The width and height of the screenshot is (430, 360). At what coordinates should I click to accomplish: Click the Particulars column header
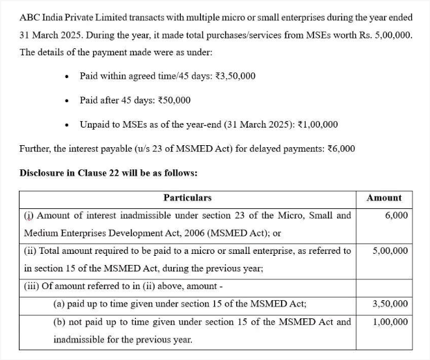tap(187, 198)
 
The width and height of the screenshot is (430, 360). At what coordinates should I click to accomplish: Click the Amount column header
tap(384, 198)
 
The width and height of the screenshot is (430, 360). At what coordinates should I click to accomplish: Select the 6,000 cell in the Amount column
tap(396, 215)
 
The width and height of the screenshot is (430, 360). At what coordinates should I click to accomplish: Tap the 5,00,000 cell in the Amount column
tap(390, 251)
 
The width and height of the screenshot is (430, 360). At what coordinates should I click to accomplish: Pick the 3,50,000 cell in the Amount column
tap(390, 304)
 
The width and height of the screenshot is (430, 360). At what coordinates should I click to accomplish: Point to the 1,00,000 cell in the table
tap(390, 322)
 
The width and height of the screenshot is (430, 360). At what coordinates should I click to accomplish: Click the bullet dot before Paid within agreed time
tap(67, 77)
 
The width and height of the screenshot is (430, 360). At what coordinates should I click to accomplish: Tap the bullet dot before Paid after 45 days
tap(67, 101)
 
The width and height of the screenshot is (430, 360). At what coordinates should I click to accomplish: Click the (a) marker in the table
tap(59, 304)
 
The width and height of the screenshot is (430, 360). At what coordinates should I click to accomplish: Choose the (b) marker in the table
tap(59, 322)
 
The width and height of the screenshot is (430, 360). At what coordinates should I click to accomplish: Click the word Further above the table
tap(35, 148)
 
